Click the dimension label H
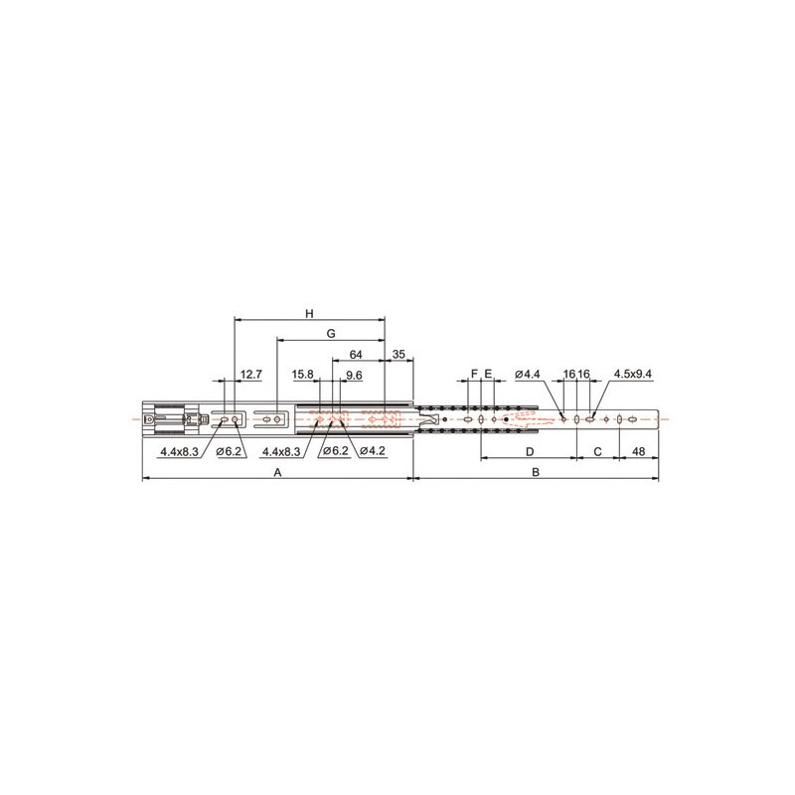pos(309,314)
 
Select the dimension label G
pos(331,334)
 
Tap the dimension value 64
pos(356,355)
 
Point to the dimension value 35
pos(399,355)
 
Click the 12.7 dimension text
pos(251,375)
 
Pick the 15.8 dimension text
pos(303,375)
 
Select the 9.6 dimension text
pos(354,376)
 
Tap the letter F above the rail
pos(475,375)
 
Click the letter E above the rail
pos(488,375)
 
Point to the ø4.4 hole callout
pos(528,375)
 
